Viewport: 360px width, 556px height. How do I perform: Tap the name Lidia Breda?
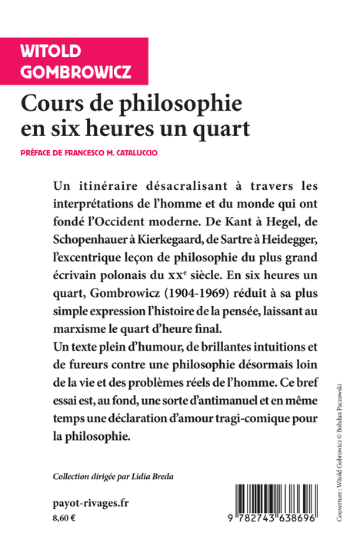pyautogui.click(x=158, y=475)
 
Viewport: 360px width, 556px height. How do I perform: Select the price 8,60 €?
pyautogui.click(x=65, y=520)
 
